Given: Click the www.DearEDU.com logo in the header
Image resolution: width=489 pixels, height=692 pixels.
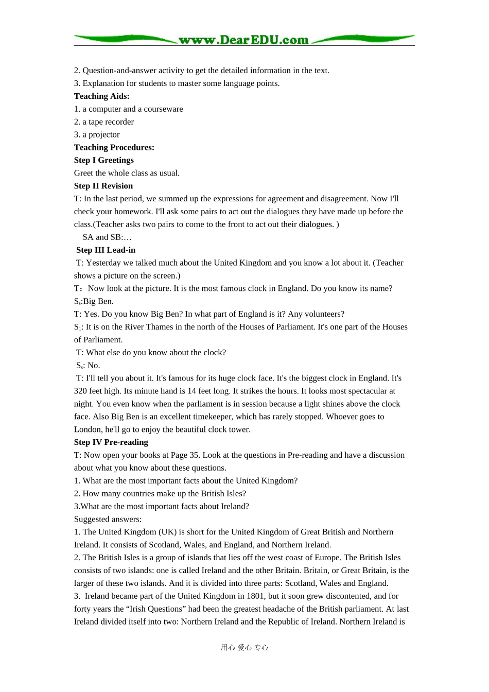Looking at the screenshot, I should click(243, 40).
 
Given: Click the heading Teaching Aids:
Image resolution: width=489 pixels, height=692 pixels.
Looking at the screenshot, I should click(101, 96).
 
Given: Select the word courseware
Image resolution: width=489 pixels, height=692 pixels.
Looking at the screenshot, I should click(163, 109).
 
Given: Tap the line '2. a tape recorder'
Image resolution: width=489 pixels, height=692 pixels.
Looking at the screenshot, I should click(103, 122).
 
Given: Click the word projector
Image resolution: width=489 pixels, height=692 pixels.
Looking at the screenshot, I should click(104, 135).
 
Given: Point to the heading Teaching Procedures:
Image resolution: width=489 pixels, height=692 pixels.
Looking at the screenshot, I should click(114, 148).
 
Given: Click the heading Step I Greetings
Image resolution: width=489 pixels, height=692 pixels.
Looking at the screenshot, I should click(103, 161).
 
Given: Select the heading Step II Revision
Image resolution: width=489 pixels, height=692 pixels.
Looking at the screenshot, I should click(103, 186).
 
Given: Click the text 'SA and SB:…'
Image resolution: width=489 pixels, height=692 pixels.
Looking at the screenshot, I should click(107, 237).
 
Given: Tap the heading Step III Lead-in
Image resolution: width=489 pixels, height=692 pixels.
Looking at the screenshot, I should click(106, 250).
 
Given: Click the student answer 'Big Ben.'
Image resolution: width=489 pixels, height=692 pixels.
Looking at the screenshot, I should click(98, 302).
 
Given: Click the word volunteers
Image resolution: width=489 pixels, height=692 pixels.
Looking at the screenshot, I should click(323, 314).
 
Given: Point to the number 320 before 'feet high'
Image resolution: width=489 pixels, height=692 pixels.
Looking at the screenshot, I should click(81, 391).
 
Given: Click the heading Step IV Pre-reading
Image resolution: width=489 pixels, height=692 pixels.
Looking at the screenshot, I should click(111, 442).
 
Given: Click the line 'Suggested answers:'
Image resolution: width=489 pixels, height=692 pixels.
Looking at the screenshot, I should click(108, 520).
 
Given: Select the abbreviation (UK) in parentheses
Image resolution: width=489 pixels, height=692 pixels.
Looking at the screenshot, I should click(167, 532).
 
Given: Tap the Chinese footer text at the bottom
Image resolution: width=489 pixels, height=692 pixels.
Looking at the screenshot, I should click(244, 648).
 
